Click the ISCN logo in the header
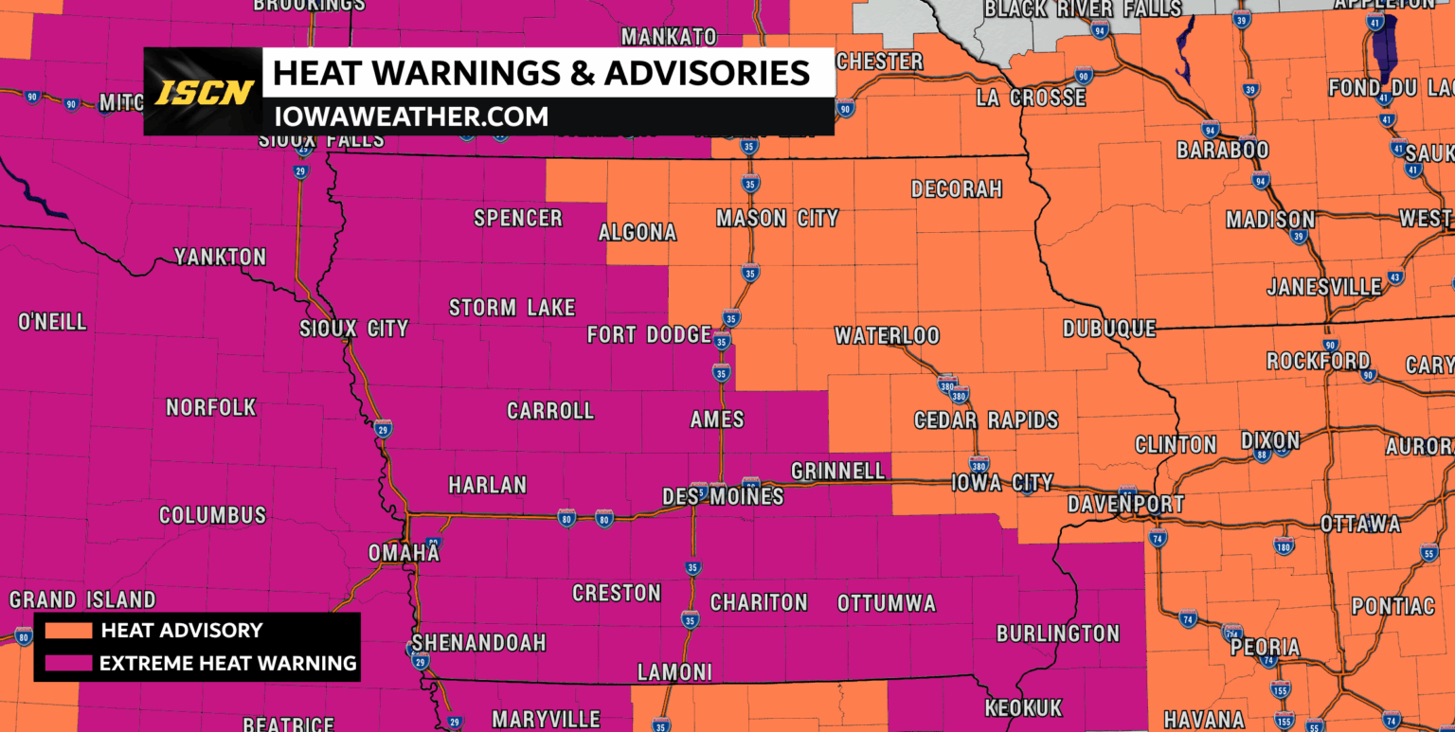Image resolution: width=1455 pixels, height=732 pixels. (x=205, y=92)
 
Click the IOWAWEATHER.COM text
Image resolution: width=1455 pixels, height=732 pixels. (x=410, y=116)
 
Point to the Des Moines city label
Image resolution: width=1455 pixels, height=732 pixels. (x=723, y=496)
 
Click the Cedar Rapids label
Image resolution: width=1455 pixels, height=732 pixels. (x=985, y=420)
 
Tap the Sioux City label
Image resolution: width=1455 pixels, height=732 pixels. (x=353, y=329)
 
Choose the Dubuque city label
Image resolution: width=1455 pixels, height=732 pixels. (x=1108, y=329)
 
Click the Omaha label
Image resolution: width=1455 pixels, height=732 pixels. (x=404, y=552)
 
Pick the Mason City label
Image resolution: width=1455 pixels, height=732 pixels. (x=777, y=219)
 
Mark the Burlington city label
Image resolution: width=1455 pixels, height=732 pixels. (x=1058, y=634)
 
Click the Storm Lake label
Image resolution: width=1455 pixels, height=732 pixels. (x=512, y=308)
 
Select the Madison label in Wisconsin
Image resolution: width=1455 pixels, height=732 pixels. (x=1269, y=220)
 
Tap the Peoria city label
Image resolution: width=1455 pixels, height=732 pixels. (x=1265, y=648)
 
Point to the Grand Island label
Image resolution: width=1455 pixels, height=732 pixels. (x=82, y=599)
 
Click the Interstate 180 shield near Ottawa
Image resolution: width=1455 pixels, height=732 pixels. (x=1284, y=545)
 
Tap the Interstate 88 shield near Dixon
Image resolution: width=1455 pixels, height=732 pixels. (x=1261, y=455)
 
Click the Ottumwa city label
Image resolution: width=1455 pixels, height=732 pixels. (x=886, y=603)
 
